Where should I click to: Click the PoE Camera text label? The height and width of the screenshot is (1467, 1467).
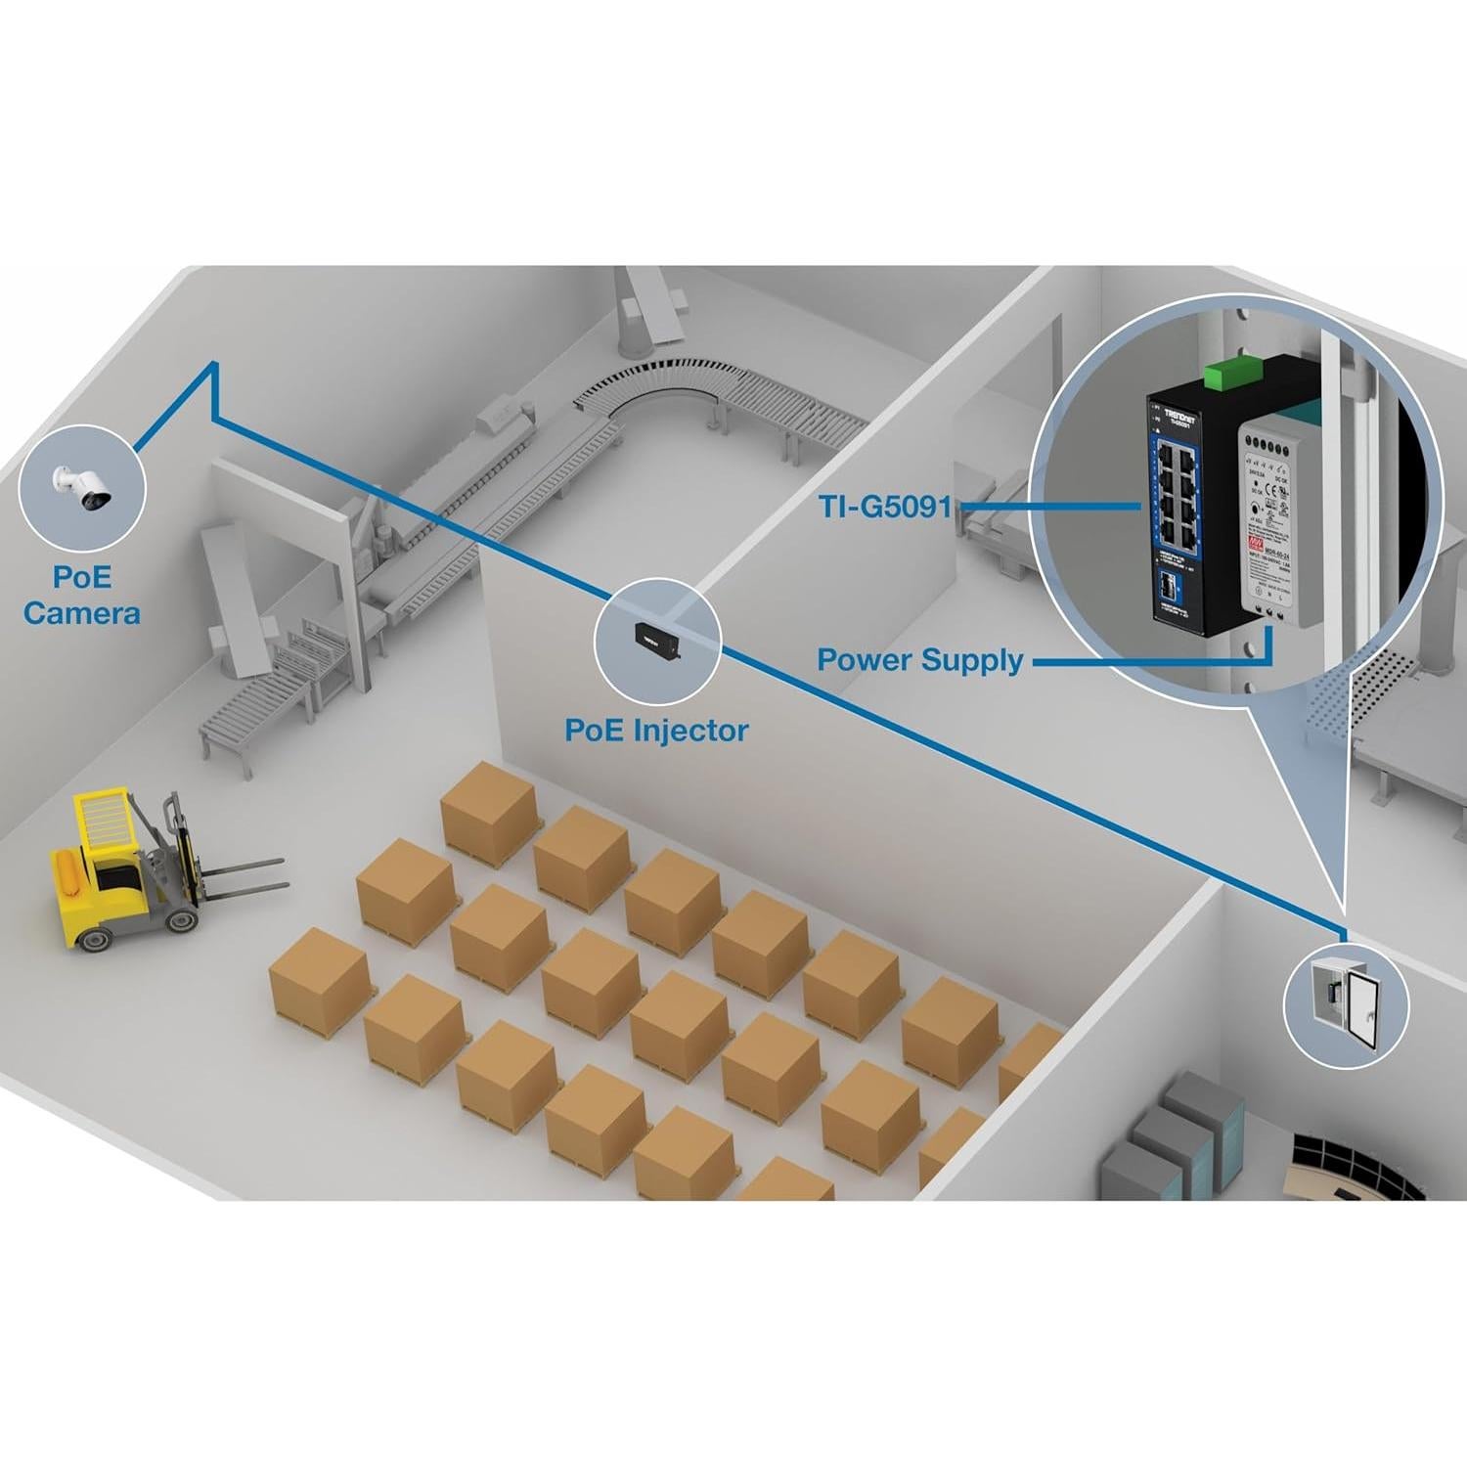(x=82, y=595)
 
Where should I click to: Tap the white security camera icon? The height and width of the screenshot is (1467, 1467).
(x=83, y=487)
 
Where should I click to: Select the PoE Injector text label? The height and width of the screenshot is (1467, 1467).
(x=656, y=730)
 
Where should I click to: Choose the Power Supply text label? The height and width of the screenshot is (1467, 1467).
(x=920, y=660)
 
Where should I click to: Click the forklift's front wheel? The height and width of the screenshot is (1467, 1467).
(x=181, y=920)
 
